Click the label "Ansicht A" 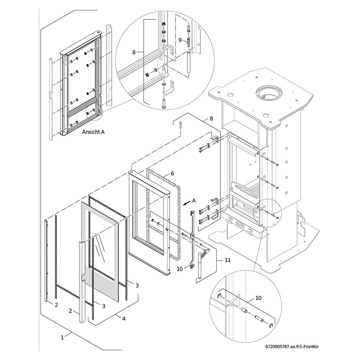pyautogui.click(x=93, y=132)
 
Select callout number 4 pyautogui.click(x=124, y=319)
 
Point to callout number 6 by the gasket pyautogui.click(x=172, y=174)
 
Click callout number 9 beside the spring pyautogui.click(x=180, y=40)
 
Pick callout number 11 pyautogui.click(x=228, y=260)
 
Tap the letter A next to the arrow pyautogui.click(x=194, y=201)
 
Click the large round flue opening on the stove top pyautogui.click(x=269, y=94)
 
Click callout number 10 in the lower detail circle pyautogui.click(x=258, y=298)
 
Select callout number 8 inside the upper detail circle pyautogui.click(x=134, y=52)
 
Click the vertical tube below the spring pyautogui.click(x=188, y=62)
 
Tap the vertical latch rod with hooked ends pyautogui.click(x=192, y=239)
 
